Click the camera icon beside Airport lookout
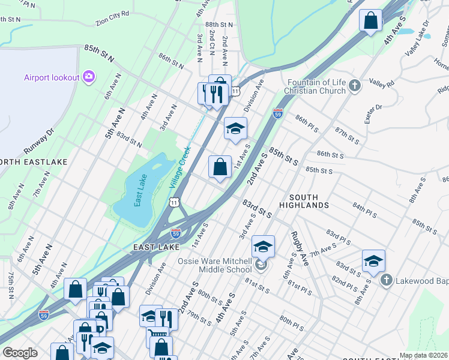89,76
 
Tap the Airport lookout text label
52,77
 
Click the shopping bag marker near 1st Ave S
220,166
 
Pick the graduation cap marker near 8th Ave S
373,261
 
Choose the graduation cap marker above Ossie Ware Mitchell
262,247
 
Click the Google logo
20,353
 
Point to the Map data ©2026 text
423,355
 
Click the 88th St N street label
218,25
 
